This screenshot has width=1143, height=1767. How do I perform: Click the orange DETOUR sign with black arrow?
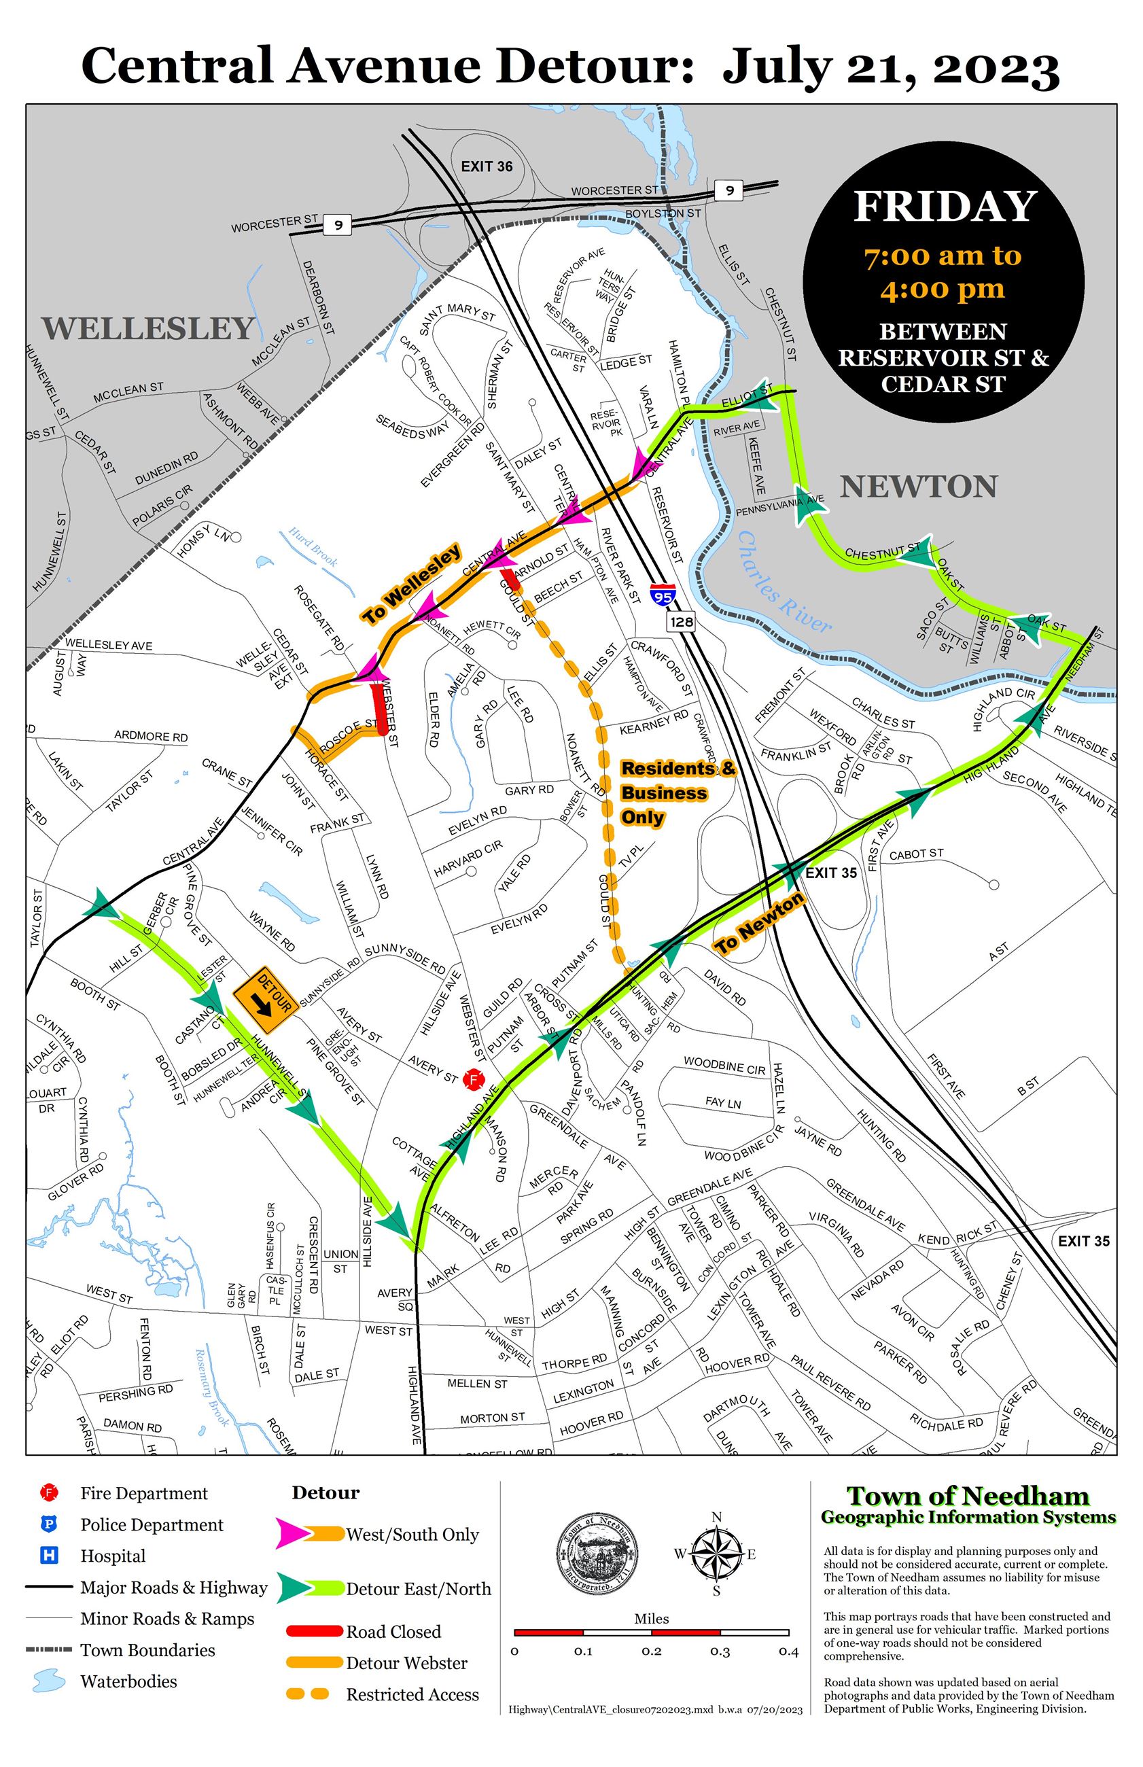click(x=266, y=1000)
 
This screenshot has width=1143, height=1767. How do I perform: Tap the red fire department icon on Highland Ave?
click(x=473, y=1079)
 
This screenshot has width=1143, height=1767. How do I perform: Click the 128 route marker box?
click(x=681, y=621)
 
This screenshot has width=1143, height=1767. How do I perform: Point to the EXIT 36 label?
click(x=486, y=167)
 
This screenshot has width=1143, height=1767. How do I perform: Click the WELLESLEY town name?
click(x=147, y=328)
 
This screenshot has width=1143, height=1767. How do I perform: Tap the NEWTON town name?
click(x=918, y=487)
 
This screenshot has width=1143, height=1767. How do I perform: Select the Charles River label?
click(x=786, y=582)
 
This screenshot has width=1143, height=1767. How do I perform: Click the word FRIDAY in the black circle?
click(x=944, y=207)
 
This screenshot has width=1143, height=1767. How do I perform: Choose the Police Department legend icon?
click(x=49, y=1524)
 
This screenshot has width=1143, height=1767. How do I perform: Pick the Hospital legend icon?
click(x=49, y=1555)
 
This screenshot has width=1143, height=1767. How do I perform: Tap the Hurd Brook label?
click(x=313, y=547)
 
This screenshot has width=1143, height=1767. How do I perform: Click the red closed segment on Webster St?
click(x=379, y=707)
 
